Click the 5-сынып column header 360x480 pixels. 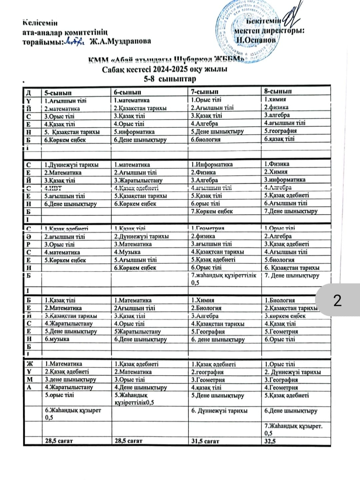(58, 93)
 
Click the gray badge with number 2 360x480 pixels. (337, 300)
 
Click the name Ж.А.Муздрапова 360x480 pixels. (120, 41)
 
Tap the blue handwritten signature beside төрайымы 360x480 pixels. (73, 41)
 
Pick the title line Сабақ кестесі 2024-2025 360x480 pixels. (165, 69)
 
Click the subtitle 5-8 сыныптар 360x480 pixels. (170, 79)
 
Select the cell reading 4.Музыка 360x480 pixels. (127, 252)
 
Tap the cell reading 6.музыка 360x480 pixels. (57, 339)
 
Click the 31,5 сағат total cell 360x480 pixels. (205, 441)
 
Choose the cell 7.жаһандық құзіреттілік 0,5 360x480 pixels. (224, 279)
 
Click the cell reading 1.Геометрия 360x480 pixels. (208, 228)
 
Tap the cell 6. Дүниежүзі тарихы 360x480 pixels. (219, 411)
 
